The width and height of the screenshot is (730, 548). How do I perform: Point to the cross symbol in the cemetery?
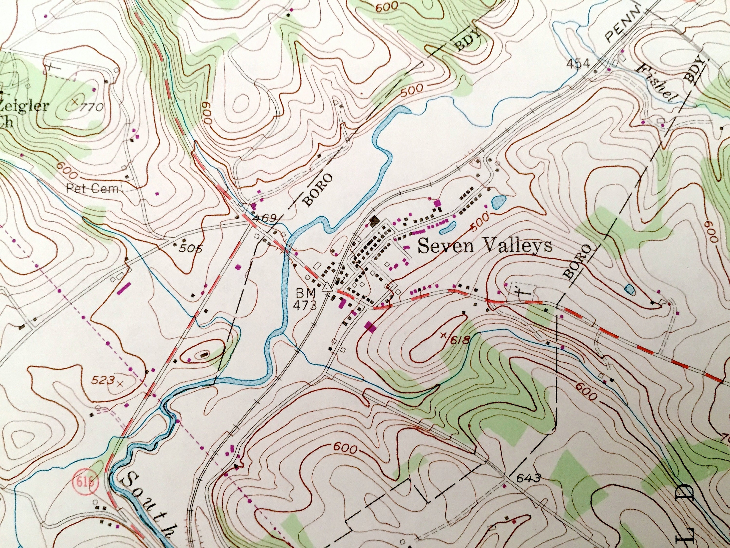click(x=521, y=292)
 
